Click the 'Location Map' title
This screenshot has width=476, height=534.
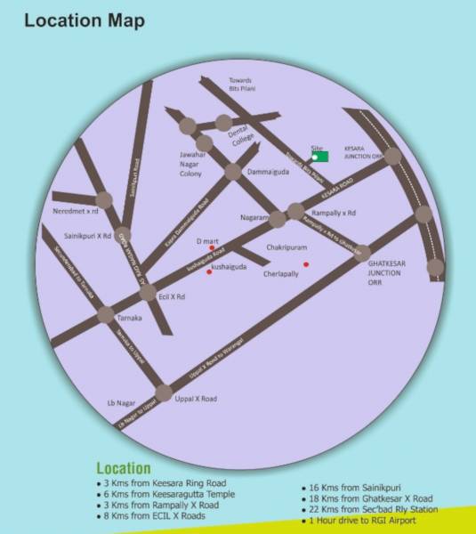click(x=85, y=20)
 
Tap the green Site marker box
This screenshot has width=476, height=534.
click(x=319, y=157)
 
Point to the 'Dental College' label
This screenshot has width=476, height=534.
click(x=243, y=135)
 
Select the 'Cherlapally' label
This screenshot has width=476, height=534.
click(x=283, y=274)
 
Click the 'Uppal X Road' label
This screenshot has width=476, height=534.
click(x=196, y=399)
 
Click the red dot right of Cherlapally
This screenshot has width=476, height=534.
click(x=306, y=264)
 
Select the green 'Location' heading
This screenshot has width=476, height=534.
click(x=123, y=469)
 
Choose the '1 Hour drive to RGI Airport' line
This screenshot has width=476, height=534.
click(x=362, y=520)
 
